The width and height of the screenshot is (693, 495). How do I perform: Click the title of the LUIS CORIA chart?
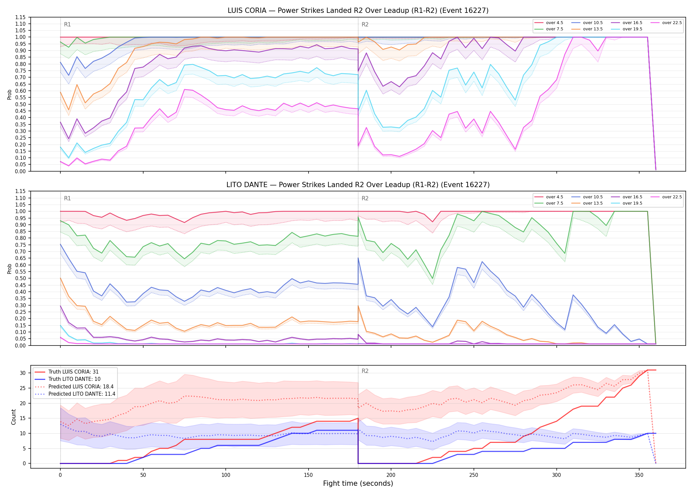point(358,11)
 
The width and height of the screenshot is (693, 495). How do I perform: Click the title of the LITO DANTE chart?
point(358,185)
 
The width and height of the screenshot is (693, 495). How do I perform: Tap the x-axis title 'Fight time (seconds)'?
point(358,483)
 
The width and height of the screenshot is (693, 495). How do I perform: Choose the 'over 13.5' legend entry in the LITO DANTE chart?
point(587,203)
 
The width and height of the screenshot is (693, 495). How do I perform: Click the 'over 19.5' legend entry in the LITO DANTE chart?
point(627,203)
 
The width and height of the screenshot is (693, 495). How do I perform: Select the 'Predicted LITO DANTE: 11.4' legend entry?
point(75,394)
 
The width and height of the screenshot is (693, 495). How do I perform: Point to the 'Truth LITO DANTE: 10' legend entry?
point(68,379)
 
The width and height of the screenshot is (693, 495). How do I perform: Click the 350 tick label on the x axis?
point(639,475)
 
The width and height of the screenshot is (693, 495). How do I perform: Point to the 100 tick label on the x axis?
point(226,475)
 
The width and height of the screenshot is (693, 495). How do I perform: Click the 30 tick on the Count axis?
point(23,373)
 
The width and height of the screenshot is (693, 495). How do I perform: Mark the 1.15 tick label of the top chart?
point(20,17)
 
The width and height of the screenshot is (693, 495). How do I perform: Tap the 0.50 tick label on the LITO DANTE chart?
point(20,278)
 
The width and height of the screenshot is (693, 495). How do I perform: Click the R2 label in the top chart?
point(365,24)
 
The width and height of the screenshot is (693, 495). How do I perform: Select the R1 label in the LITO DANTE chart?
point(67,198)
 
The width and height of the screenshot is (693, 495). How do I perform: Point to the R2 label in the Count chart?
point(365,371)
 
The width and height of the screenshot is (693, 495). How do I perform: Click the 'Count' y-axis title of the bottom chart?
point(14,417)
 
